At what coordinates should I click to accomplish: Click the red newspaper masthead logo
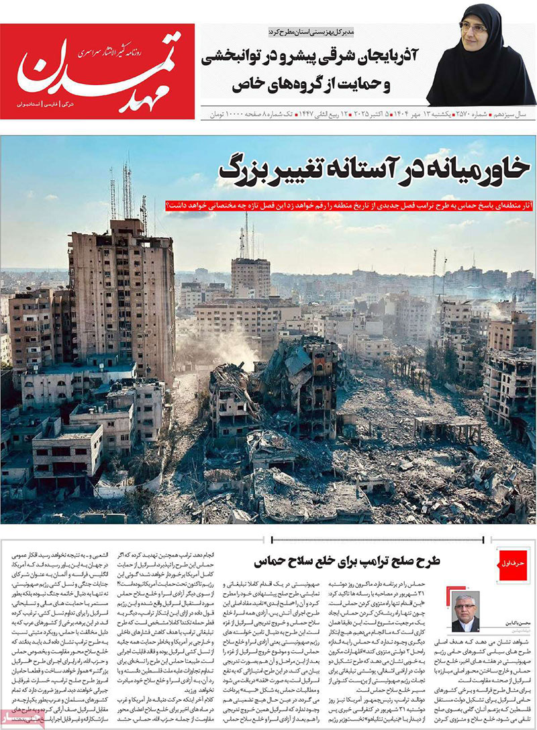97,71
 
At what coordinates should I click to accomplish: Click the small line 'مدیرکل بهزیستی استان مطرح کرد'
315,32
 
